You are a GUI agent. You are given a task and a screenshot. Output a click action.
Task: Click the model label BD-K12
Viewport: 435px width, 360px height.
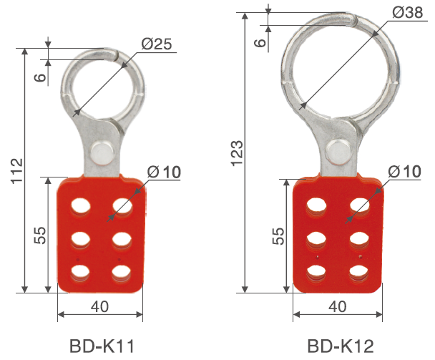coord(340,346)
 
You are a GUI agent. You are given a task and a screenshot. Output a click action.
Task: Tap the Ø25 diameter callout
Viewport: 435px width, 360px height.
coord(156,44)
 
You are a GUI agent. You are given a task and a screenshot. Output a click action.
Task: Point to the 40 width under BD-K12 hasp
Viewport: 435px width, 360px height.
coord(337,306)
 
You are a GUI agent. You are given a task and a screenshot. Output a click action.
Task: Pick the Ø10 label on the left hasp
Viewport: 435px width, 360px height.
coord(165,172)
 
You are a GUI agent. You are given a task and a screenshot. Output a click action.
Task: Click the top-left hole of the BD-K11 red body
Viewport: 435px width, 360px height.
coord(80,206)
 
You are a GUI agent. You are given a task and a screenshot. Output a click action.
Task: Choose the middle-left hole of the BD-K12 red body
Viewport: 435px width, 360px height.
coord(316,238)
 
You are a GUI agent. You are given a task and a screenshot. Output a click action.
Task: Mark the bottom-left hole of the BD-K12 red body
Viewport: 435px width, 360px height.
coord(316,271)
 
